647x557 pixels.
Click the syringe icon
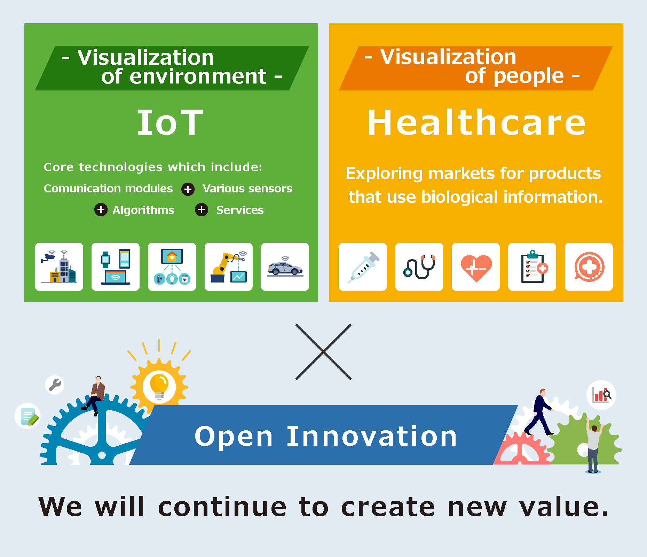coord(363,267)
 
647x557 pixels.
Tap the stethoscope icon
coord(419,267)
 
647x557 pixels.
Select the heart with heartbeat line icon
coord(476,267)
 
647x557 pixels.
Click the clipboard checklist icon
coord(532,267)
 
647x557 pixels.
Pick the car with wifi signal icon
coord(285,267)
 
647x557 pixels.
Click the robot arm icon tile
coord(229,267)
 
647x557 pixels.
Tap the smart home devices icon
coord(172,267)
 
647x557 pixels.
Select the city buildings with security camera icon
coord(59,267)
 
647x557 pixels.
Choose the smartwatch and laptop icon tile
coord(116,267)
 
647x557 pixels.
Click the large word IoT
coord(170,122)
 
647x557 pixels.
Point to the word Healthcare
coord(476,122)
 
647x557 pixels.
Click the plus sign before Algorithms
coord(101,209)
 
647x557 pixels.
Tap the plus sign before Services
coord(202,209)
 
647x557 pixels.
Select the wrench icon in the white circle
coord(55,385)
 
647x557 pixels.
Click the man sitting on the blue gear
coord(95,395)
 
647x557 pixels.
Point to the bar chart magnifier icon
coord(601,395)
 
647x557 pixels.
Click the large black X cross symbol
coord(323,352)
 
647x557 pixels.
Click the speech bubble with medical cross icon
coord(589,267)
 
